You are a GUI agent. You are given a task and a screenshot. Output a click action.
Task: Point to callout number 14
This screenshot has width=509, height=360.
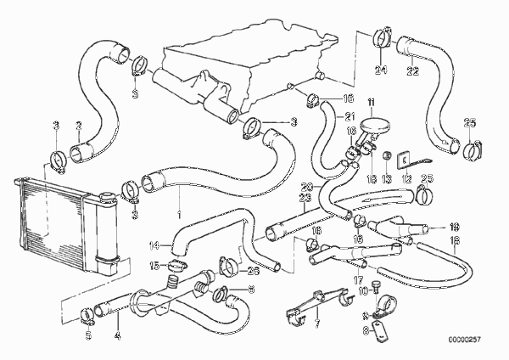154,245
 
